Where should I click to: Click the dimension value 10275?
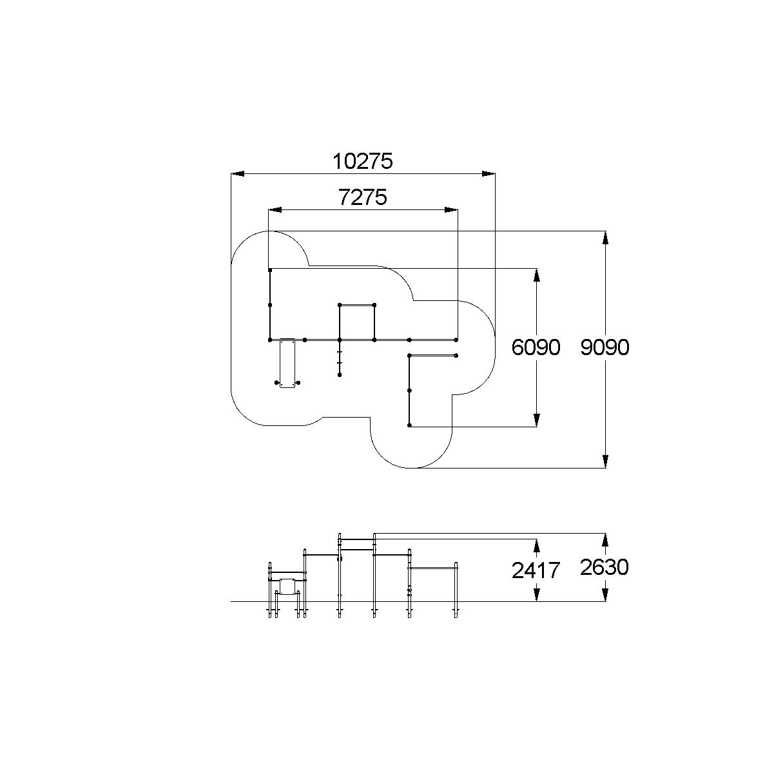(x=363, y=162)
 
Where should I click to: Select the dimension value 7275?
(x=363, y=197)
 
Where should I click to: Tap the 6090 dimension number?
(x=536, y=347)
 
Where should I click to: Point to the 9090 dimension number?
(x=605, y=347)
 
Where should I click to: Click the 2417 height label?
(x=536, y=570)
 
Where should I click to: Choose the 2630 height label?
(x=605, y=568)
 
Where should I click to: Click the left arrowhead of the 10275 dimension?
(x=238, y=174)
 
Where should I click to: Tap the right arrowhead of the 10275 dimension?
(x=489, y=174)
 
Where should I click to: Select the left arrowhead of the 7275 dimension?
(x=275, y=209)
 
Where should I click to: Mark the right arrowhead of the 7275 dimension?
(x=451, y=209)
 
